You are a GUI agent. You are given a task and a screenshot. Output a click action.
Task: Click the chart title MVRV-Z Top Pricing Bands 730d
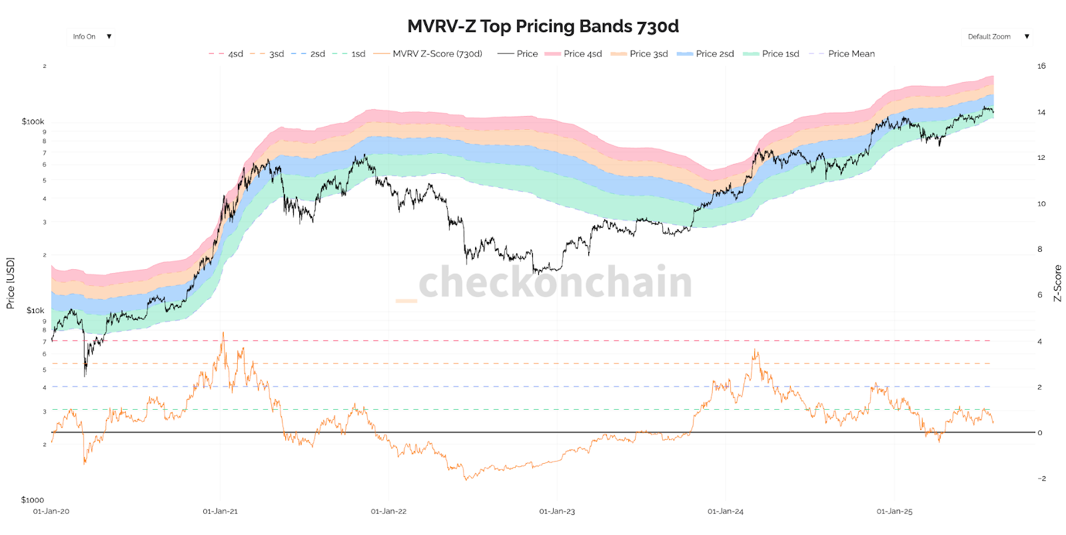[x=543, y=26]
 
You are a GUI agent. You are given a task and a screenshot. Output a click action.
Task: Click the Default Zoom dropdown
[x=998, y=37]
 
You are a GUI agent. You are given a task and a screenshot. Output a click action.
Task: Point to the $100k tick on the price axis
[x=33, y=121]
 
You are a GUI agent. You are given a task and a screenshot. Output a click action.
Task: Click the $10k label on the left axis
[x=35, y=310]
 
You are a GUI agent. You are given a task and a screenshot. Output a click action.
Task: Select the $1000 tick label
[x=32, y=500]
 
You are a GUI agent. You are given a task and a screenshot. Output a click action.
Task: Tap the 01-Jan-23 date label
[x=557, y=512]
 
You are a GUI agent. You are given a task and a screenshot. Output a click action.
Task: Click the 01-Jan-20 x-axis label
[x=51, y=512]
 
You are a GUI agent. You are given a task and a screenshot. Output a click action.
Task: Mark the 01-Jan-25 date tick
[x=894, y=512]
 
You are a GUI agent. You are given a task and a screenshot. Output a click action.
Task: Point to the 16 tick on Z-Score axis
[x=1041, y=66]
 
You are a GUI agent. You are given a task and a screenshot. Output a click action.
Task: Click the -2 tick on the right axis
[x=1041, y=478]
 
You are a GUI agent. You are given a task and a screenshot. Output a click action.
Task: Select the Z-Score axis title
[x=1057, y=283]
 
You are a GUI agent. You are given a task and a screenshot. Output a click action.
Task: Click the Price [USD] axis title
[x=10, y=283]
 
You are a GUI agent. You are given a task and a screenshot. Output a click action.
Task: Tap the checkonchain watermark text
[x=555, y=282]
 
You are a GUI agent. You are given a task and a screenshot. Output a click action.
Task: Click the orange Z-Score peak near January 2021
[x=223, y=332]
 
